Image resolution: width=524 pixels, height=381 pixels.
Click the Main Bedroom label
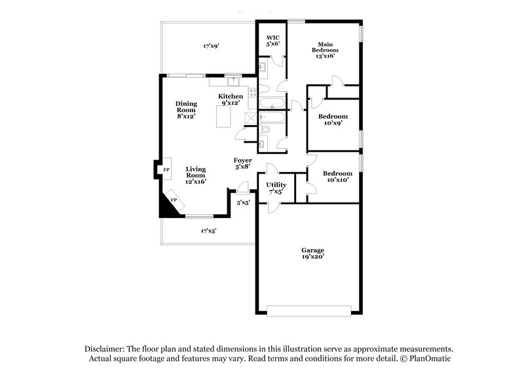[324, 50]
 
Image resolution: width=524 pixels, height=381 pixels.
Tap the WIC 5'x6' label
[272, 40]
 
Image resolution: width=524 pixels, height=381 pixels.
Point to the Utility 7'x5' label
[276, 189]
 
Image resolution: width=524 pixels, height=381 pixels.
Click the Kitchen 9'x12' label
[231, 100]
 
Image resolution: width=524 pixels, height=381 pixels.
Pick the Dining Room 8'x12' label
[187, 109]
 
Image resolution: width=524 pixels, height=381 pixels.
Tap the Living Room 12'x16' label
[195, 175]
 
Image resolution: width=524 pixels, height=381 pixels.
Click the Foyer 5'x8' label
[243, 164]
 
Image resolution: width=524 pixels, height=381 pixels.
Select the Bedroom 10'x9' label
[333, 120]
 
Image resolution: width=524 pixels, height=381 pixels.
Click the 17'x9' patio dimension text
[210, 46]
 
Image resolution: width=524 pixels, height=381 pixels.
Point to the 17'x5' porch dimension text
[209, 230]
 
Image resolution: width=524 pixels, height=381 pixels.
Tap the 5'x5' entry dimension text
[243, 202]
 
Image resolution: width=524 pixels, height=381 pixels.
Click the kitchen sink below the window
[233, 82]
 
